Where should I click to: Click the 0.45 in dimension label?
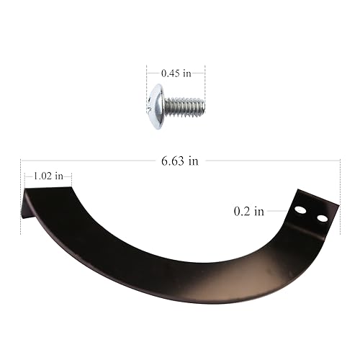tap(176, 73)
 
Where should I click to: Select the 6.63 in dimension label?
tap(180, 161)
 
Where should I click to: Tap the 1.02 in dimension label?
tap(48, 176)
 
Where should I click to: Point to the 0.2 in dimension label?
tap(249, 211)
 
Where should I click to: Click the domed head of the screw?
tap(156, 107)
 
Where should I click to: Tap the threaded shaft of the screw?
tap(184, 107)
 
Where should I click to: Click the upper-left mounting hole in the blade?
tap(300, 210)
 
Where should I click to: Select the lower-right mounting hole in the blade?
tap(322, 218)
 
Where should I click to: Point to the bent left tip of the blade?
tap(27, 204)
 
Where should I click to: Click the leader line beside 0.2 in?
tap(277, 211)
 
